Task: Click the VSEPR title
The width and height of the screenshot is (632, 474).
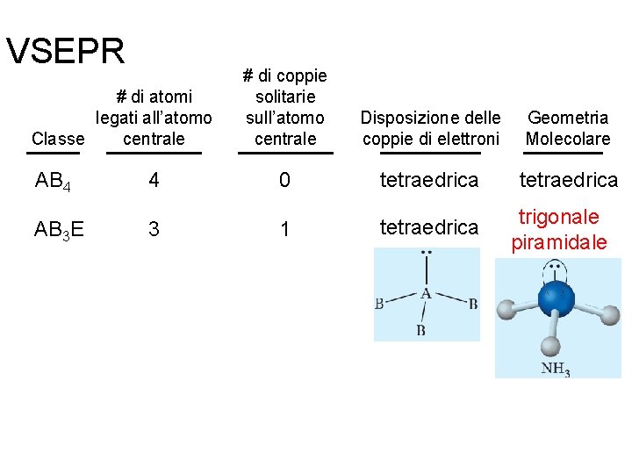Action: (x=66, y=52)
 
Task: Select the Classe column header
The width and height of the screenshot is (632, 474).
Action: (x=58, y=139)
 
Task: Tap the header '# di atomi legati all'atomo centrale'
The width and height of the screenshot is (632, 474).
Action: (x=154, y=117)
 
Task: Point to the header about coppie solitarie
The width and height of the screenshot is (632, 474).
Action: (x=285, y=107)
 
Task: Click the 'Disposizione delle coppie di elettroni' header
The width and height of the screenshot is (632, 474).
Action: (x=431, y=128)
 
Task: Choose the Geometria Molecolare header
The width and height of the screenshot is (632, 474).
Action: (x=567, y=128)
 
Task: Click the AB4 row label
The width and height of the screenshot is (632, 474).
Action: (x=54, y=182)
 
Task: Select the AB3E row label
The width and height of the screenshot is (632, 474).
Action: (x=60, y=230)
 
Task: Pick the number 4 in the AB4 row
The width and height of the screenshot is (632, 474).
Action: (x=154, y=181)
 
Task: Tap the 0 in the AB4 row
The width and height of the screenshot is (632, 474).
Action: (x=284, y=181)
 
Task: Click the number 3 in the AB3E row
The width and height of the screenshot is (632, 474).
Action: (x=154, y=229)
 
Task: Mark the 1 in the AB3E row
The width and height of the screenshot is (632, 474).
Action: (x=284, y=229)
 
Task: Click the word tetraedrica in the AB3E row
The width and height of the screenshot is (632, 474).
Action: (x=429, y=227)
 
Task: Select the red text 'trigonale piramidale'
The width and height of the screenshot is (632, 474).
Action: (x=559, y=229)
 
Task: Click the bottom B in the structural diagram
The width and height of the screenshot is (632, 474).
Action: (x=421, y=330)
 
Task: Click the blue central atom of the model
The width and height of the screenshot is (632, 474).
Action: (x=556, y=298)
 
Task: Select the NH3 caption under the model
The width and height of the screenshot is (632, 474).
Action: (x=556, y=369)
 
